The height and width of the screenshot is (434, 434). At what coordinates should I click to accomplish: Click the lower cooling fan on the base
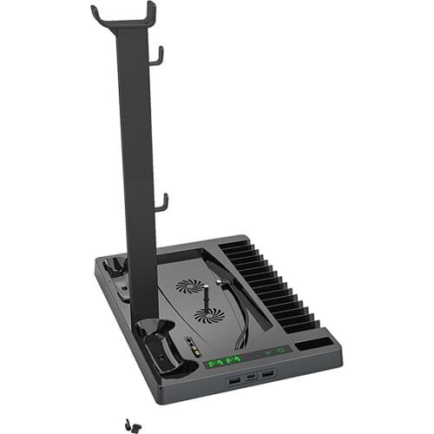click(x=208, y=315)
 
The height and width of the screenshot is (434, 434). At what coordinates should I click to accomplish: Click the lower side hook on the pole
click(x=161, y=203)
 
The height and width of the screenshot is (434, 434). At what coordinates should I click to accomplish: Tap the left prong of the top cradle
click(x=95, y=15)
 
